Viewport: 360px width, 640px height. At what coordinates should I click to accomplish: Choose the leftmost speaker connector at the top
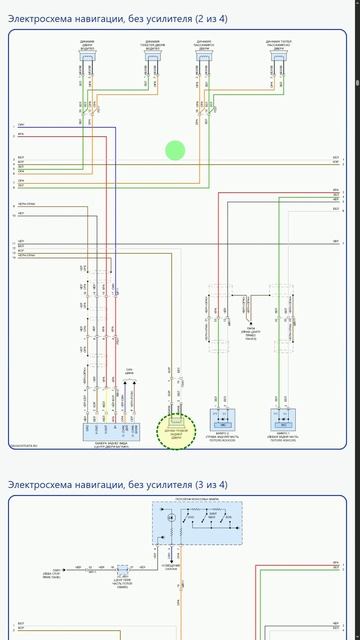[x=86, y=57]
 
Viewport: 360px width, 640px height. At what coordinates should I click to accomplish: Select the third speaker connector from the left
[x=209, y=57]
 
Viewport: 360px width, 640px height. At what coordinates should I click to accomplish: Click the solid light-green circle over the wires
[x=175, y=151]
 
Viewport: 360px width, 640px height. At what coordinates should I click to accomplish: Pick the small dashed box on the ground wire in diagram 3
[x=124, y=572]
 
